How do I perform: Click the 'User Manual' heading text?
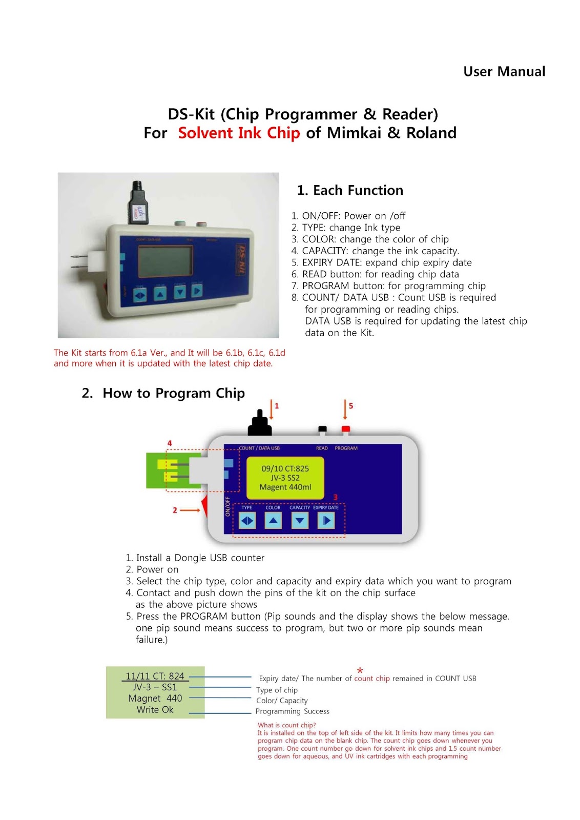[x=504, y=71]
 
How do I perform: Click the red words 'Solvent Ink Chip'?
[x=239, y=133]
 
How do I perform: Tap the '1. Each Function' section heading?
[x=350, y=190]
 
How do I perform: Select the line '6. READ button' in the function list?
[x=375, y=274]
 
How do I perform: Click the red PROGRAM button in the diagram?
[x=346, y=429]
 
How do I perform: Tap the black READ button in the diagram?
[x=322, y=429]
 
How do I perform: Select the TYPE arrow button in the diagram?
[x=247, y=521]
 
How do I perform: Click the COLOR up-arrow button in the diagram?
[x=273, y=521]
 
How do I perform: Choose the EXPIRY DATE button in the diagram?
[x=326, y=521]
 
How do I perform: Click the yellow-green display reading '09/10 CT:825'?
[x=285, y=478]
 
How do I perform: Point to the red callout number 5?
[x=351, y=405]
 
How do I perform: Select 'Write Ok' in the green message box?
[x=155, y=710]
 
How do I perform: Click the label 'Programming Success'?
[x=293, y=711]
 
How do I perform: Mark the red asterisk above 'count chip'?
[x=360, y=670]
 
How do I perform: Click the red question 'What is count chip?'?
[x=287, y=725]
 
